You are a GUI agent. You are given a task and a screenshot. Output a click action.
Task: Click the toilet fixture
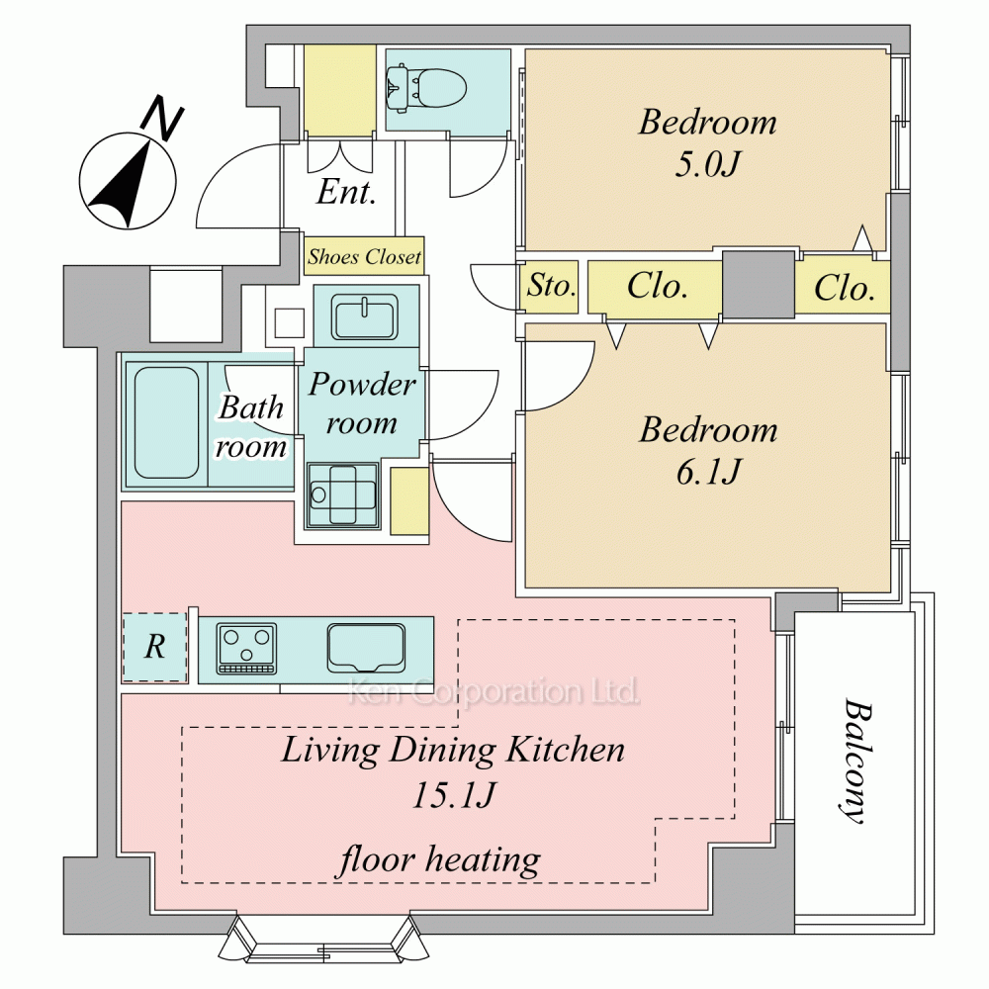click(x=425, y=88)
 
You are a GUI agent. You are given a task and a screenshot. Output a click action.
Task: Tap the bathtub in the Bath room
click(x=166, y=422)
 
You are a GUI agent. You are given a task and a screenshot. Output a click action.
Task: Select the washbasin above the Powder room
click(x=365, y=317)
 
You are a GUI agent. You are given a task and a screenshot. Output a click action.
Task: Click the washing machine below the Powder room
click(x=342, y=495)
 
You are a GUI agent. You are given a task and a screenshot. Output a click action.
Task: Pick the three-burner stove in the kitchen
click(x=246, y=649)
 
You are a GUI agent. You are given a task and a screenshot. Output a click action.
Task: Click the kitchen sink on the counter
click(x=366, y=649)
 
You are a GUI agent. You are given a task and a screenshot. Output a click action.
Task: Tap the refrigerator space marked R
click(x=155, y=647)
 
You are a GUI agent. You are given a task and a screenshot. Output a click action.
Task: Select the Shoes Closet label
click(x=365, y=257)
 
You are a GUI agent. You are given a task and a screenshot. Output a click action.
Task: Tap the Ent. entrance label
click(x=346, y=192)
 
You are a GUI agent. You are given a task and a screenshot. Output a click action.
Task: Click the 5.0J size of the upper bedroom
click(x=706, y=164)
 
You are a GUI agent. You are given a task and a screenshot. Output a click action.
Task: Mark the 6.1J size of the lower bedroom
click(x=708, y=472)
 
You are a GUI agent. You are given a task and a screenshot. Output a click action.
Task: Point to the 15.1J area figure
click(x=454, y=795)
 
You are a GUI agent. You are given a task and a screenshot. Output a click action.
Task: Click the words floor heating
click(x=440, y=860)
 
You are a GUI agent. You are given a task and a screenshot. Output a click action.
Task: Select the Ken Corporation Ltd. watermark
click(x=494, y=691)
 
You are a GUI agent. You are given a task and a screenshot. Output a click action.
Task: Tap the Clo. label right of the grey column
click(x=845, y=288)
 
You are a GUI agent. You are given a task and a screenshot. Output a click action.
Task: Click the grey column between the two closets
click(x=759, y=285)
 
